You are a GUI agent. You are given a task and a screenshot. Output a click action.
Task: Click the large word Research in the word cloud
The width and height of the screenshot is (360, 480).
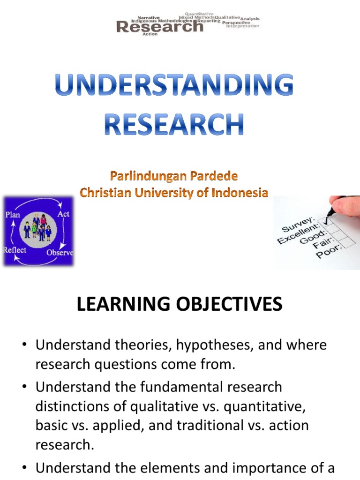[160, 27]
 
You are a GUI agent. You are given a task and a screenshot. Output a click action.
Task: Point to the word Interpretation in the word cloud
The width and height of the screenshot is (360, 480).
[242, 26]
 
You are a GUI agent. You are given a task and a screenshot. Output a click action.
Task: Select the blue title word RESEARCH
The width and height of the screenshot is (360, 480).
[174, 123]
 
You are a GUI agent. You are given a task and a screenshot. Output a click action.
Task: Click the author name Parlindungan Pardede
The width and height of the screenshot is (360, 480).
[174, 177]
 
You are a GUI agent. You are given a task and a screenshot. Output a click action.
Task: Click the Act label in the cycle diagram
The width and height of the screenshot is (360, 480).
[63, 214]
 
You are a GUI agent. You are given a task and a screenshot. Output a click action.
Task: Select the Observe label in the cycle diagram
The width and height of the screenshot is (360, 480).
[60, 253]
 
